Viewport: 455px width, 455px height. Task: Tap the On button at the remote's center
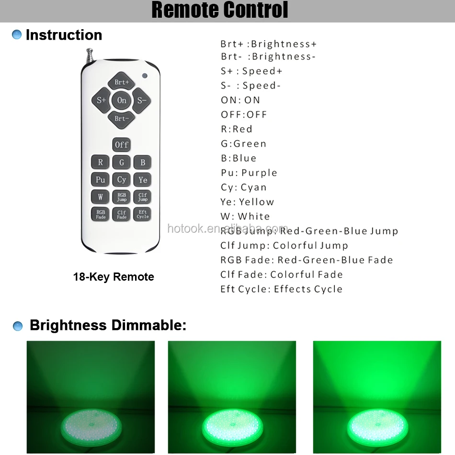pos(122,100)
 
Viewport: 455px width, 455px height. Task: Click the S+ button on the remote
pos(101,100)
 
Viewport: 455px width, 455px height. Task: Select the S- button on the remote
pos(142,100)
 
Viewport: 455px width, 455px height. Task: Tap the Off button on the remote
pos(122,144)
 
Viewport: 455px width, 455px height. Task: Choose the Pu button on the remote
pos(100,180)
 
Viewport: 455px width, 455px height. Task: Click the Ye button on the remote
pos(143,180)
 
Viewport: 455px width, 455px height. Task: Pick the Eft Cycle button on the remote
pos(143,214)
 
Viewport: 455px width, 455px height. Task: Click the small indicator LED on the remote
pos(144,75)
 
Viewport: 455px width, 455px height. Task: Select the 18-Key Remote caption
pos(114,277)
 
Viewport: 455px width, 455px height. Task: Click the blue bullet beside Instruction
pos(17,35)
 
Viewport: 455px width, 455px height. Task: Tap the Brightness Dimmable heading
pos(108,326)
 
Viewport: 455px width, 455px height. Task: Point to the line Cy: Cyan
pos(243,187)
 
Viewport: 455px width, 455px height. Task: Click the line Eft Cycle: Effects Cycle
pos(281,289)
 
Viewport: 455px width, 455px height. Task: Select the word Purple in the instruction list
pos(259,173)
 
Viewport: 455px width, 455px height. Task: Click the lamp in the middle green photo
pos(232,424)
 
